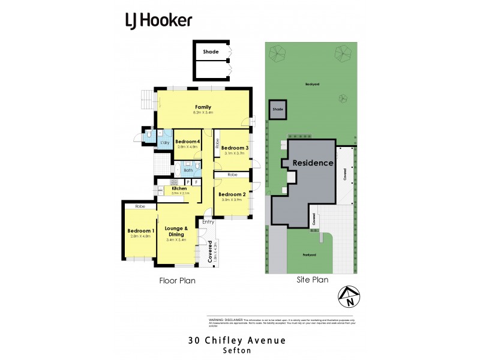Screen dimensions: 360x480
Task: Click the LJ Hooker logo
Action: [158, 20]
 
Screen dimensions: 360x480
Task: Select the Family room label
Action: [202, 107]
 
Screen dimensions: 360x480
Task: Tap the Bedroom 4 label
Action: [187, 141]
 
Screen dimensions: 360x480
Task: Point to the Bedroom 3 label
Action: [234, 148]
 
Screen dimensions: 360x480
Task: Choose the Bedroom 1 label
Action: [141, 231]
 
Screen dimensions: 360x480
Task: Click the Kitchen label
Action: [163, 188]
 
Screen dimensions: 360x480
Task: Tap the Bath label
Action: [188, 170]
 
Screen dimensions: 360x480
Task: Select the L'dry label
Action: [164, 143]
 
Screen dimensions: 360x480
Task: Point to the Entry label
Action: [208, 222]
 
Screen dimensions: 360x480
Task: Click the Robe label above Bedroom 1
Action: [140, 206]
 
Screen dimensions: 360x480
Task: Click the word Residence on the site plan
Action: [313, 163]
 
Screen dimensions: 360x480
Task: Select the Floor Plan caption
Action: [177, 280]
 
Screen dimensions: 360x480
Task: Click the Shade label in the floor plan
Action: [211, 52]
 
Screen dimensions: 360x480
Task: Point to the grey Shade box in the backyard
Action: [277, 109]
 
